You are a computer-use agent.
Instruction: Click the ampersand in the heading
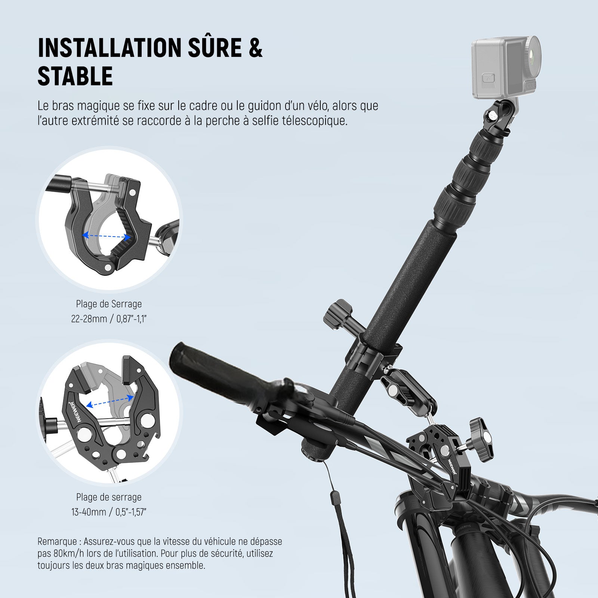click(x=255, y=47)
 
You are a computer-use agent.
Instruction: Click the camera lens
click(x=532, y=52)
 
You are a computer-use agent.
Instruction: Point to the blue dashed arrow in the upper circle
click(x=106, y=236)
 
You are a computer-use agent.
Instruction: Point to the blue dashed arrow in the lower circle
click(x=110, y=401)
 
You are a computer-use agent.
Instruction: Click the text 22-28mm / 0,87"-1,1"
click(x=108, y=319)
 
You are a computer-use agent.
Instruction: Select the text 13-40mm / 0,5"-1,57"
click(x=109, y=512)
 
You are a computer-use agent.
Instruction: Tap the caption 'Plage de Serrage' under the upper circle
click(x=109, y=304)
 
